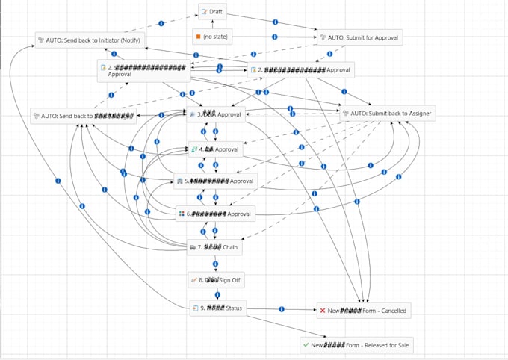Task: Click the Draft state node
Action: tap(213, 13)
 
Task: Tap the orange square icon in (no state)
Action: tap(197, 37)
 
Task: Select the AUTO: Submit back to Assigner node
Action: tap(386, 114)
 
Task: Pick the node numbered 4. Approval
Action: tap(216, 149)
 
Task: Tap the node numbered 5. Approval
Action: tap(216, 181)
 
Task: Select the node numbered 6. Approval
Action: tap(216, 214)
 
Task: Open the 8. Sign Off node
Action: tap(216, 280)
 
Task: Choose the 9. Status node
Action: tap(216, 308)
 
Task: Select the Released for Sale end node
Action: tap(356, 344)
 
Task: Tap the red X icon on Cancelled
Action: tap(323, 310)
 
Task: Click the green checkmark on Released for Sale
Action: tap(306, 344)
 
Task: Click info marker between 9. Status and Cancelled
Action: tap(282, 308)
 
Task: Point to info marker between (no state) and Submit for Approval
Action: tap(274, 37)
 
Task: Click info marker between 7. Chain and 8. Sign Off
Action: tap(216, 264)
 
